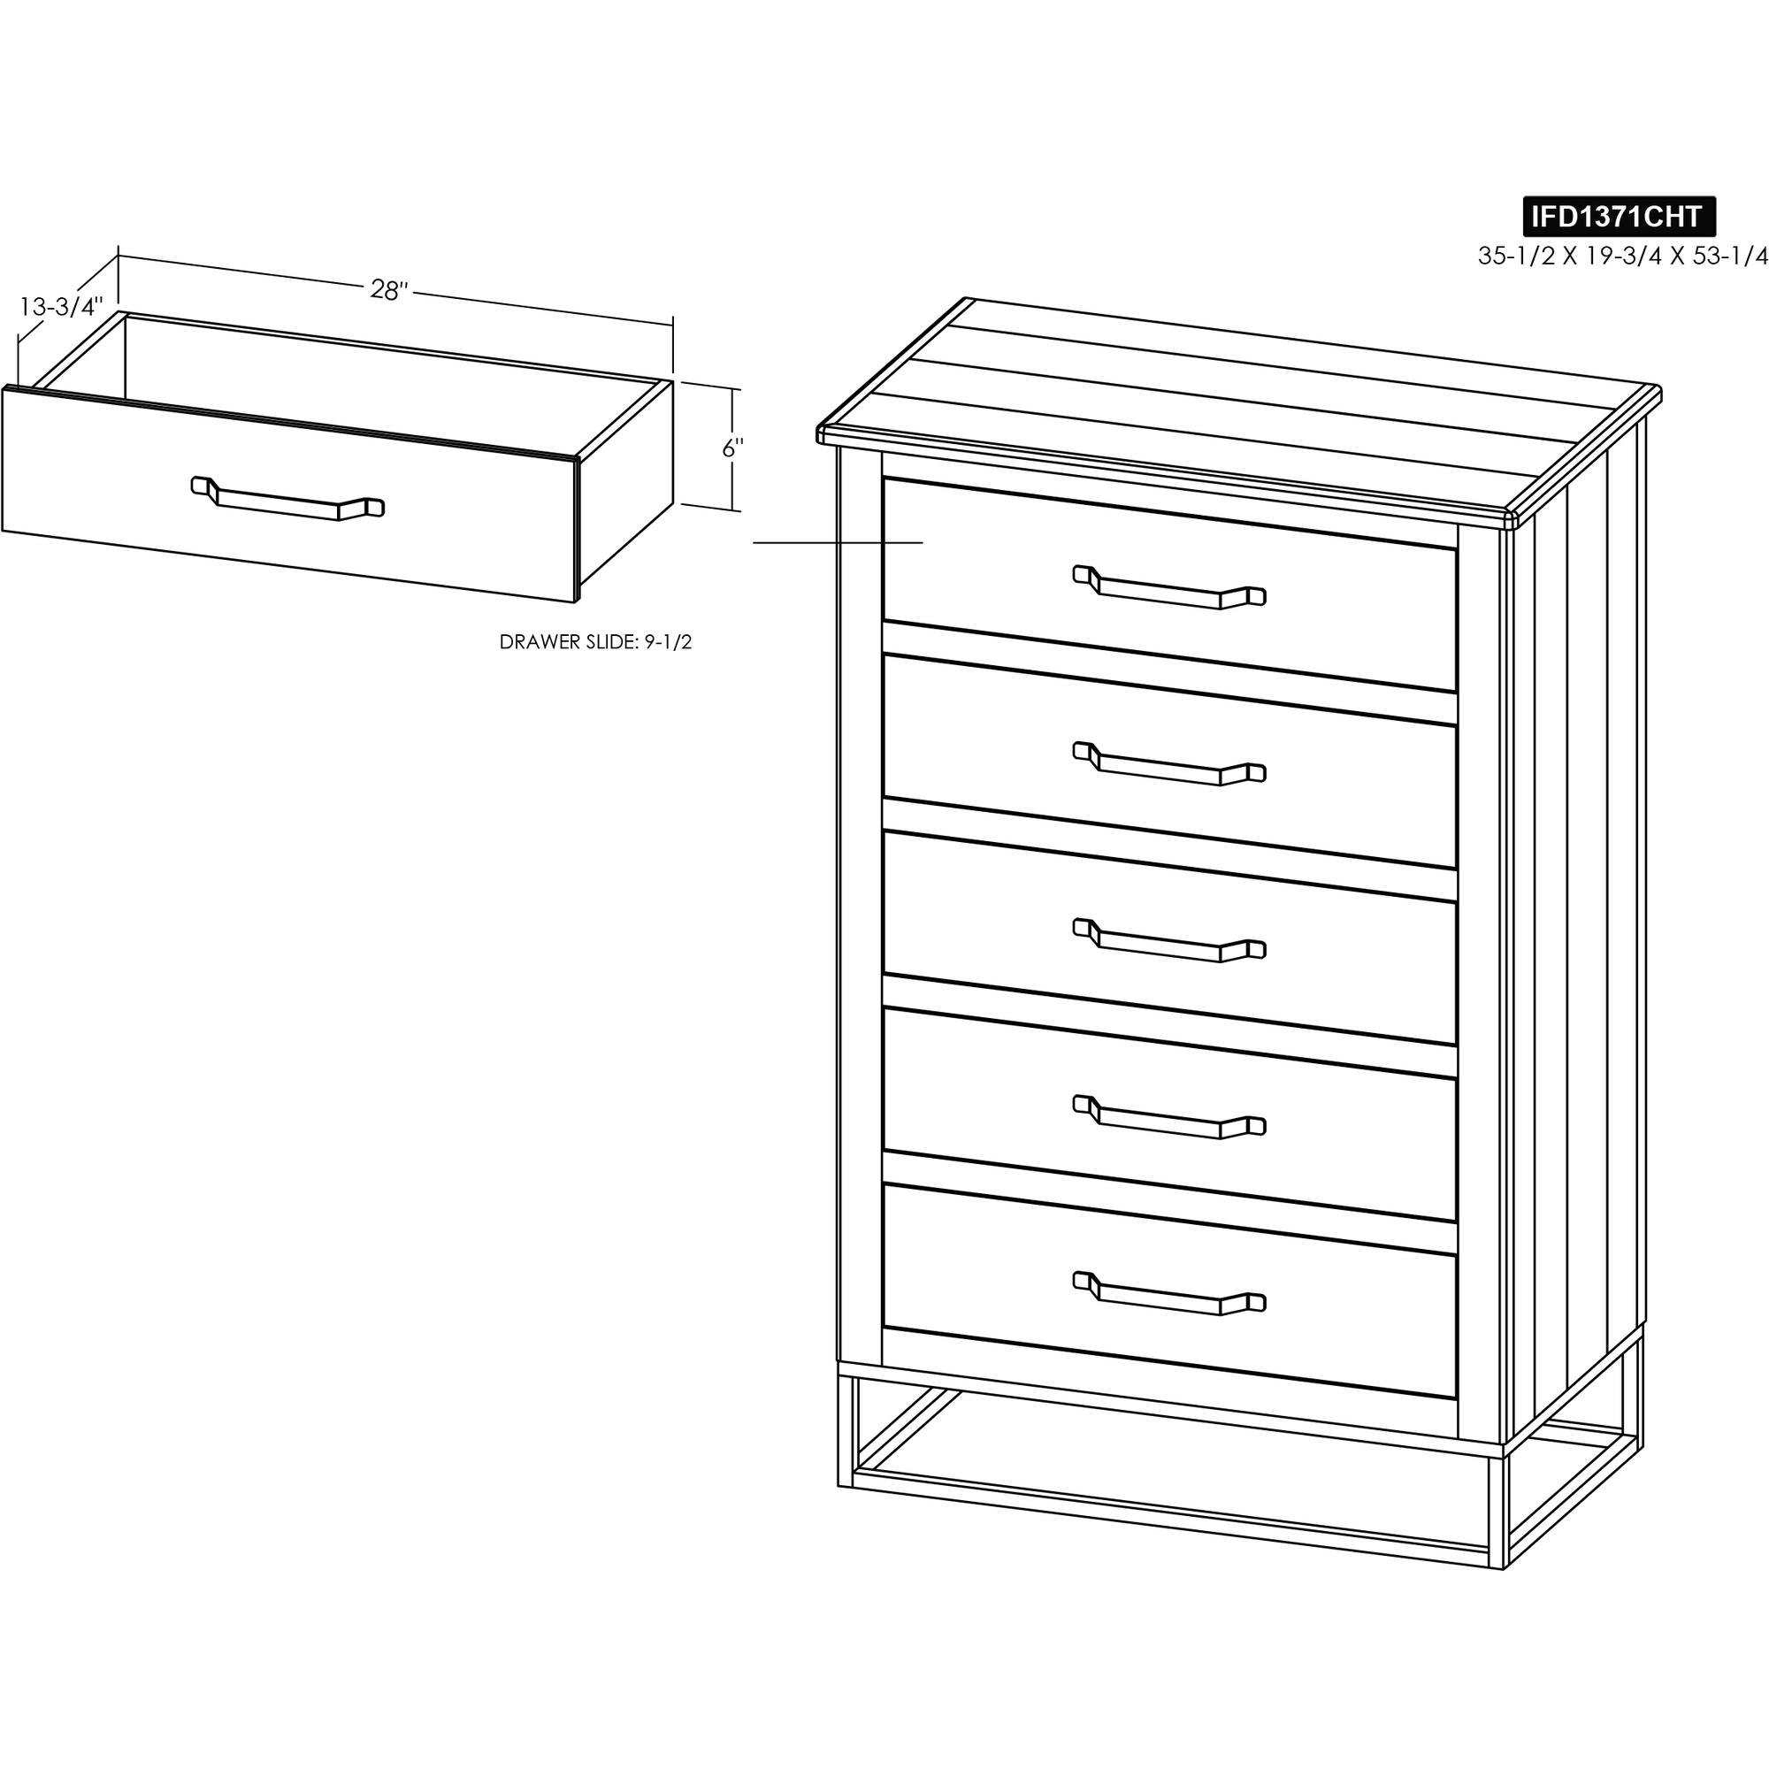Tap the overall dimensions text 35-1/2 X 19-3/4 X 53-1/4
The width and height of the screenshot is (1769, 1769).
(1622, 257)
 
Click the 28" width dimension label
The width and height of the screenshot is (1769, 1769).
(388, 289)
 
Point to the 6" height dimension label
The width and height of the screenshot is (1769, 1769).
(732, 448)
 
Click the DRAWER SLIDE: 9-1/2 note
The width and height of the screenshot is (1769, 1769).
(595, 642)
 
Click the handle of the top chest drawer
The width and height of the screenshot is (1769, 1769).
(1169, 587)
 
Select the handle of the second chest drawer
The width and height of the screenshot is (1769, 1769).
(1169, 763)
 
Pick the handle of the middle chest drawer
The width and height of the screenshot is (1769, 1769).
(1169, 940)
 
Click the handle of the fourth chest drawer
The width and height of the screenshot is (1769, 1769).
(1169, 1117)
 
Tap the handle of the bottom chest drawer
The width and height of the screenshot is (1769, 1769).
(1169, 1294)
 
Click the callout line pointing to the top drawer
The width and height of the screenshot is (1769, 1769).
(838, 543)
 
